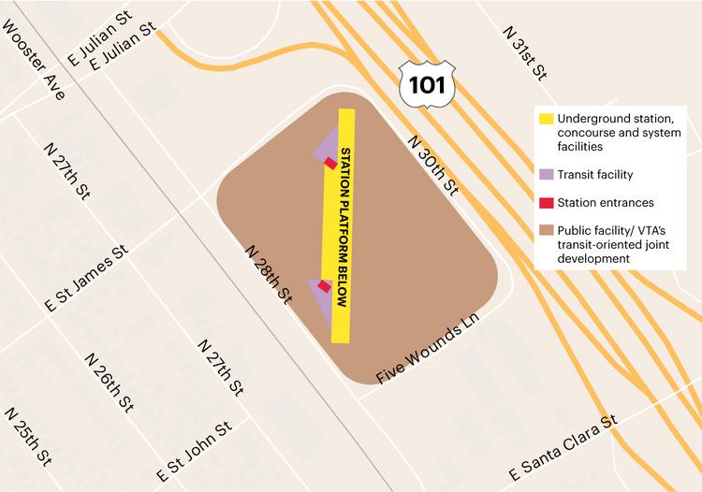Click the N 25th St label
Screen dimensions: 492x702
[29, 439]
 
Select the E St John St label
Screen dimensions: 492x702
[194, 448]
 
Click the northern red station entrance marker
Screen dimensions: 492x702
[330, 162]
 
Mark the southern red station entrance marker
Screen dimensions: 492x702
[324, 286]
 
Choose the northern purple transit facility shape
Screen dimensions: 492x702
[326, 145]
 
